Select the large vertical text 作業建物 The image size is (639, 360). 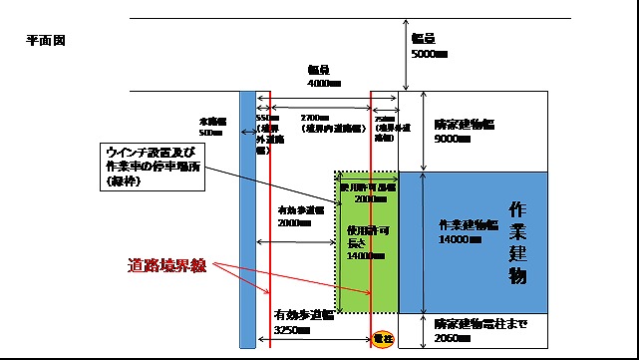click(x=517, y=242)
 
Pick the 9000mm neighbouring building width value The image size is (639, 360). click(x=455, y=139)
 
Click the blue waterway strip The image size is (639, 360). click(x=247, y=219)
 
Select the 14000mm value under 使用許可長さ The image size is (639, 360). click(x=362, y=256)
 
